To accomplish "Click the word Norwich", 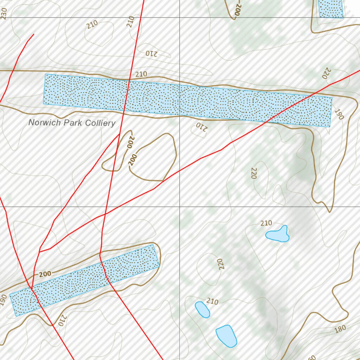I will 42,123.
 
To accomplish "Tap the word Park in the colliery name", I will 68,123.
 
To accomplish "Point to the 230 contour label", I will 4,13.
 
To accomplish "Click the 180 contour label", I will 340,329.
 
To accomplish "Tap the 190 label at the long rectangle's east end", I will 339,114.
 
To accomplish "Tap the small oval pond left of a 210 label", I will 202,309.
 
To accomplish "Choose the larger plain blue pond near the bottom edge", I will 226,336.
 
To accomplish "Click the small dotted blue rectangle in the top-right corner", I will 330,8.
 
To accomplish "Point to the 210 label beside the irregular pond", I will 266,223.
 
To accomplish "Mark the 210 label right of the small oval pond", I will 212,301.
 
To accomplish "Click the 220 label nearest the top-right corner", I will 326,73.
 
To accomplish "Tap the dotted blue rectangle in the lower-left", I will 84,280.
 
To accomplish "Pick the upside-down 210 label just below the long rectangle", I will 199,126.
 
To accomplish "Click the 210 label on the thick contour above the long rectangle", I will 141,74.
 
